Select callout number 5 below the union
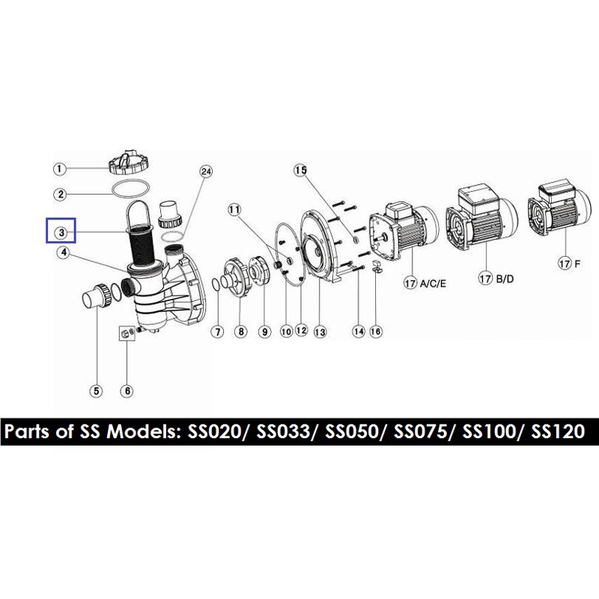pos(96,389)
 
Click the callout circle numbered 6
pos(127,389)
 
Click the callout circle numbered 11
pos(235,210)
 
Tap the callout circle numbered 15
pos(300,170)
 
